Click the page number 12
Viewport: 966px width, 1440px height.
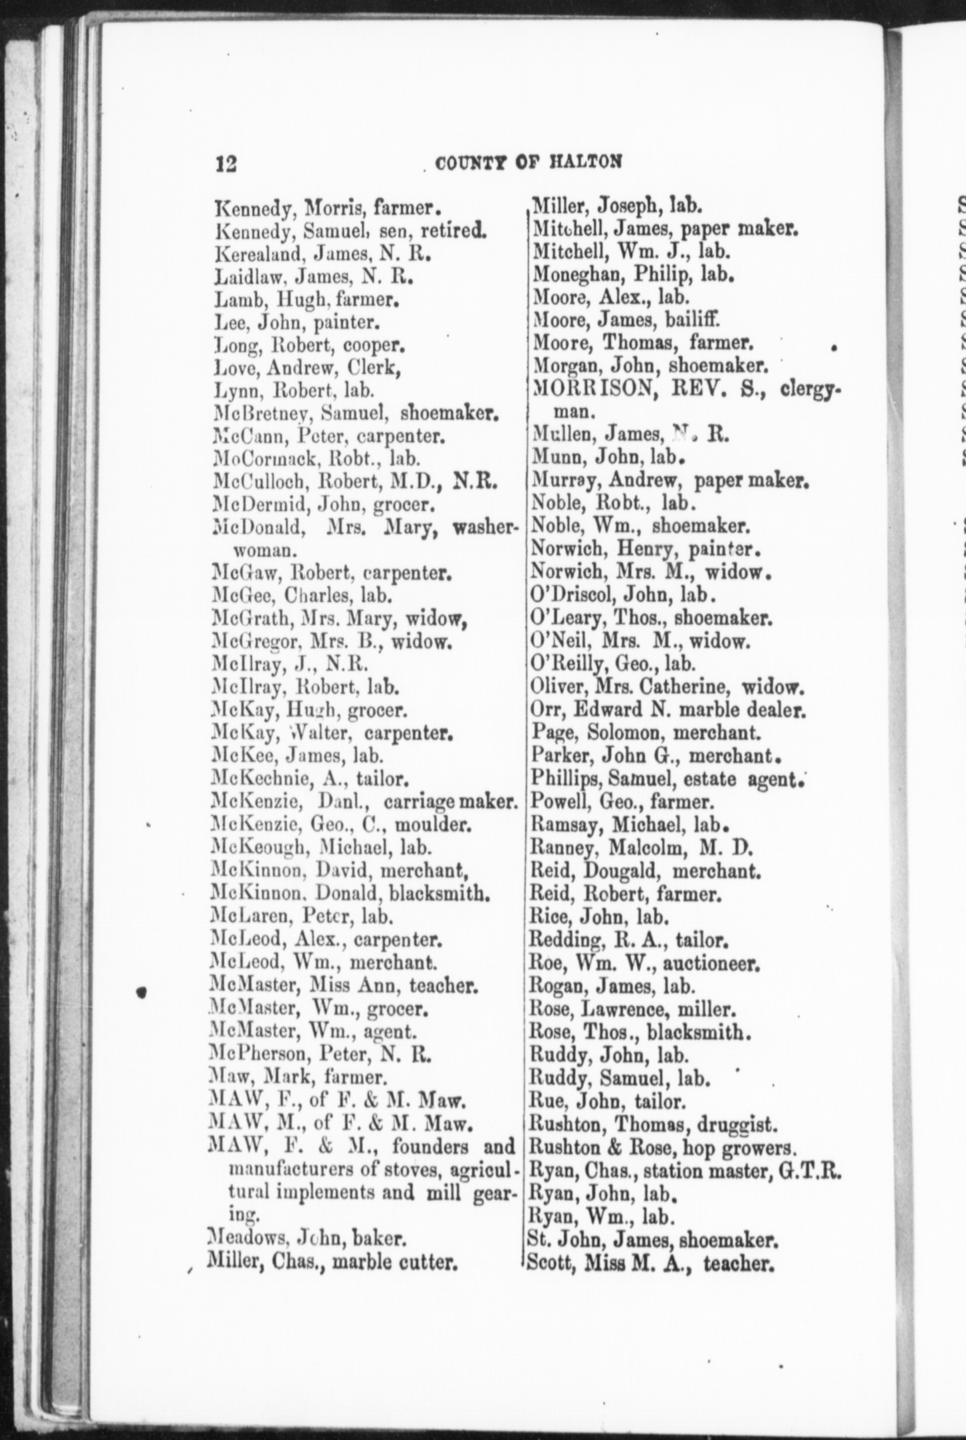[226, 164]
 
